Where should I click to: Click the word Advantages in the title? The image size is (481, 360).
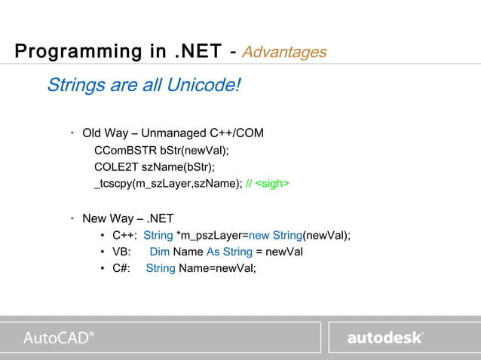(285, 52)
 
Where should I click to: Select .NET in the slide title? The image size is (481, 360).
(198, 52)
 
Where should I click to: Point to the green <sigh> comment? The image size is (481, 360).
(272, 183)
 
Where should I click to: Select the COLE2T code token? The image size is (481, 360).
(115, 166)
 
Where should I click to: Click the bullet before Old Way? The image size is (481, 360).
(72, 133)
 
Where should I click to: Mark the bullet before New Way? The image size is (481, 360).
(72, 218)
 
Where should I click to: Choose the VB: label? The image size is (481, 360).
(121, 252)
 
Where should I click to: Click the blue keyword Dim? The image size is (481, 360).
(159, 252)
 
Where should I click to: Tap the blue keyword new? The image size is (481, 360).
(260, 235)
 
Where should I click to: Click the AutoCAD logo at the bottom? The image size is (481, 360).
(59, 337)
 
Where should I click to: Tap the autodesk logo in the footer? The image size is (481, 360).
(384, 337)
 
